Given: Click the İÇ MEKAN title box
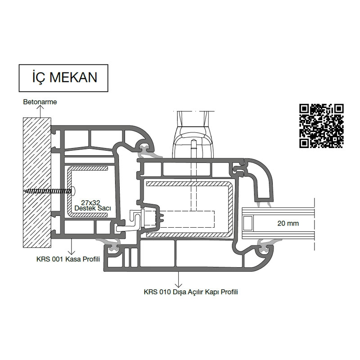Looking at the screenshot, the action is tap(63, 78).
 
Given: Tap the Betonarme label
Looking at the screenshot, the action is tap(40, 102).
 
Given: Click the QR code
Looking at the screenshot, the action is tap(321, 126).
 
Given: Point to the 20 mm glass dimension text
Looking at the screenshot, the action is tap(288, 223).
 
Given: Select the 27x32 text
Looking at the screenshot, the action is tap(90, 203).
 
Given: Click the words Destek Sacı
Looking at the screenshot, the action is tap(93, 208).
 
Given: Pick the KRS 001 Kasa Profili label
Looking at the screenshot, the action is tap(68, 259).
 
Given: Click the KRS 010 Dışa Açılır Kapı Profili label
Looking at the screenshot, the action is tap(191, 292).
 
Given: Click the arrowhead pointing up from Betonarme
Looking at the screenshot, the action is tap(40, 108).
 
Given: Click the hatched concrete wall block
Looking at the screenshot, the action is tap(37, 183).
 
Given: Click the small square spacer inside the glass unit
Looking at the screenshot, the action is tap(248, 223).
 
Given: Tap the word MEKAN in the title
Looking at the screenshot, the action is tap(73, 77).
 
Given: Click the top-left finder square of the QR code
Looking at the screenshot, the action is tap(305, 109).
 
